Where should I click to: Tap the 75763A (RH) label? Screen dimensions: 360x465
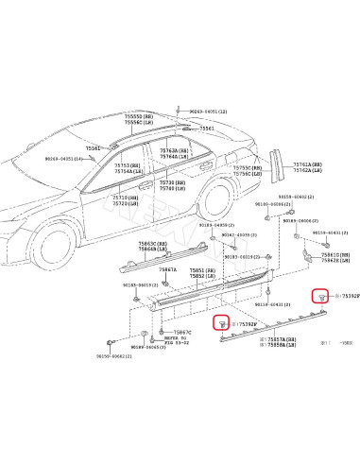[174, 151]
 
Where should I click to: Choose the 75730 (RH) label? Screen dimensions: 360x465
[171, 181]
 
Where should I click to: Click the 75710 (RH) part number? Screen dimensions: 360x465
[126, 197]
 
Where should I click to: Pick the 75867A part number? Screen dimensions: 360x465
[167, 269]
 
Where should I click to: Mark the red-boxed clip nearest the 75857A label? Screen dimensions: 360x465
[221, 322]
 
